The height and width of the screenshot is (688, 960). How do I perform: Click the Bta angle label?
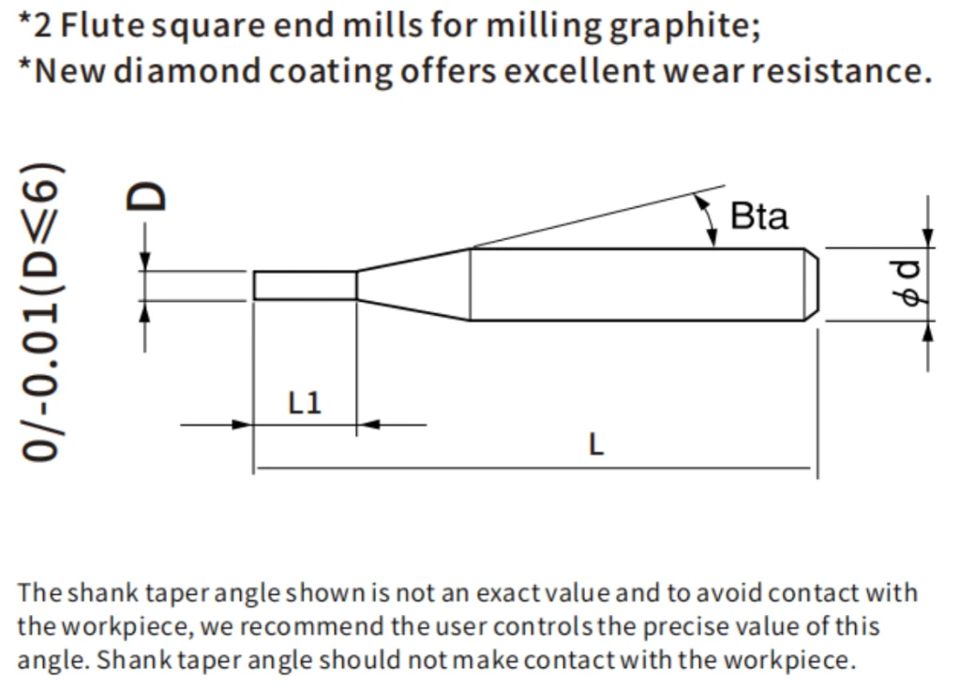759,217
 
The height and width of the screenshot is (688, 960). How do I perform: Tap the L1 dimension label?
305,403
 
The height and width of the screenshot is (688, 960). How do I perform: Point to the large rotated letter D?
145,196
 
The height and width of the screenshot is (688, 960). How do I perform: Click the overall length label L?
595,443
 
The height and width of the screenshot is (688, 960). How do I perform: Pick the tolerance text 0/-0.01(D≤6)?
41,311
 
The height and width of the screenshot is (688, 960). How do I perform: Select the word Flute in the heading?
102,25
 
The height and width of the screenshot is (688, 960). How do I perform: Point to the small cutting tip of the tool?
305,285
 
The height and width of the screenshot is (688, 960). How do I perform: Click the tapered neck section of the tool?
413,285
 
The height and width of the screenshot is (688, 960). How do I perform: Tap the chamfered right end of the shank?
811,284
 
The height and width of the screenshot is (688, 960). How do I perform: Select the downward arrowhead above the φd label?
928,238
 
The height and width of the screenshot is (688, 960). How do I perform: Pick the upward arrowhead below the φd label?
928,331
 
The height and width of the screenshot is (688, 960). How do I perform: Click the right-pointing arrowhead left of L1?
243,425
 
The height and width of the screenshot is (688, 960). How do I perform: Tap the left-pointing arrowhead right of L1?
367,425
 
